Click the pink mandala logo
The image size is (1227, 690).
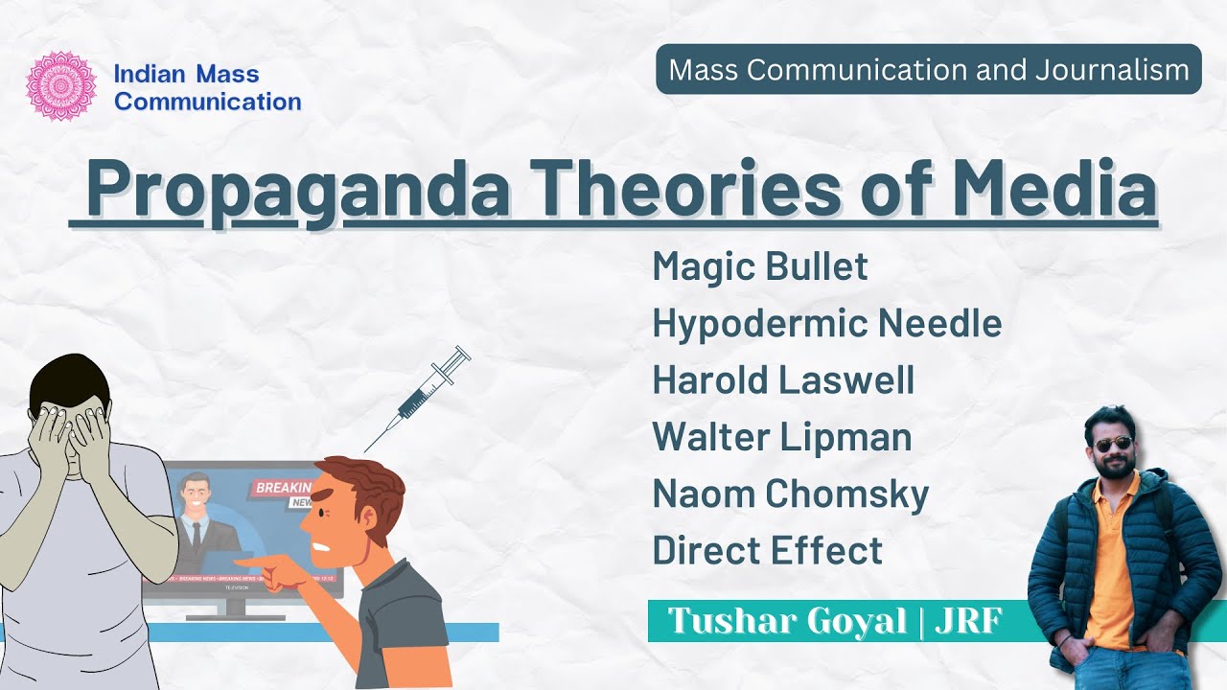point(61,86)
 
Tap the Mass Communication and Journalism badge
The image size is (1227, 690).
point(928,69)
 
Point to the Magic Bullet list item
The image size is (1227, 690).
point(759,266)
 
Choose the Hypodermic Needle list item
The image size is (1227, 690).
point(826,324)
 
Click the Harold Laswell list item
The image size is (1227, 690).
point(783,380)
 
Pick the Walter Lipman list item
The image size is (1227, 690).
point(781,437)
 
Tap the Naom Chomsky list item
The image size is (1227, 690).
point(790,494)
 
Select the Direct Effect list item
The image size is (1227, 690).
point(767,551)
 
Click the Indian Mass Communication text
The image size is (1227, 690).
point(207,87)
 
